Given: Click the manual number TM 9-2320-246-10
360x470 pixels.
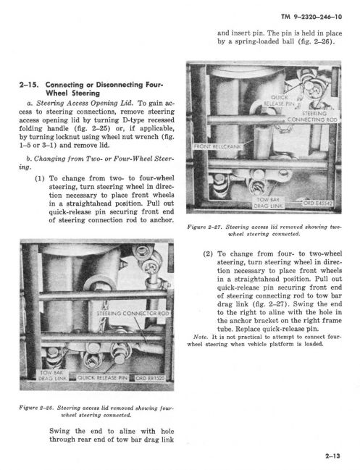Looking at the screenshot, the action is (x=311, y=17).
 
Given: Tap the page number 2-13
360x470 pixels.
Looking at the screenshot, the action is (x=332, y=456).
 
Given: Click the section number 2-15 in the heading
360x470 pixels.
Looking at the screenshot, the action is (x=29, y=85).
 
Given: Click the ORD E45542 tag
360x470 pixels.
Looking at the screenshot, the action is (x=317, y=203).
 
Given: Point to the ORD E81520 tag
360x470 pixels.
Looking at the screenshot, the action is (x=150, y=378).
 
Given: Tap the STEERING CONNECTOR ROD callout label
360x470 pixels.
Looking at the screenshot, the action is (x=133, y=314).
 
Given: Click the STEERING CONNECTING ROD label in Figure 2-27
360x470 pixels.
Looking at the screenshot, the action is (x=313, y=117).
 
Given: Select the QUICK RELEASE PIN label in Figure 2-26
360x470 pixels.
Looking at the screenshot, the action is (x=103, y=378).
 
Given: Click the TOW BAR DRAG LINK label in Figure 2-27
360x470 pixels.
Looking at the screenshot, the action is (x=268, y=203).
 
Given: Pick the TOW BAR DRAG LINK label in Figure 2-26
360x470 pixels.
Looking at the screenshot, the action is (x=52, y=375).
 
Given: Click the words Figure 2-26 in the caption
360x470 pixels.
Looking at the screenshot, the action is (x=36, y=408).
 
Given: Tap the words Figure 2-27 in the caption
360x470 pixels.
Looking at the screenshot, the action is (x=205, y=227).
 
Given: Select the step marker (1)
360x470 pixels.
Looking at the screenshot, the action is (x=40, y=179).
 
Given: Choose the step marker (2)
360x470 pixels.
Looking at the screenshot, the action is (x=208, y=254).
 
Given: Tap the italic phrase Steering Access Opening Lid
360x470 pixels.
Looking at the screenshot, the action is (x=84, y=103).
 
